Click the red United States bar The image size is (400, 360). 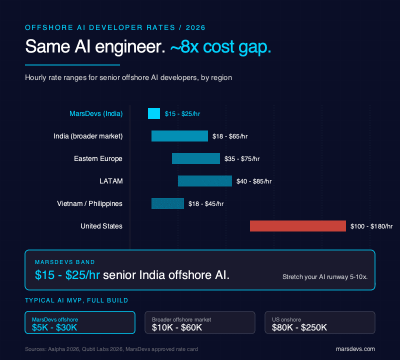point(298,226)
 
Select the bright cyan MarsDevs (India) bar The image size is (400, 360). point(154,113)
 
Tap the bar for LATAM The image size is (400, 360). point(205,181)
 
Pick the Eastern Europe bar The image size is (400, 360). point(196,158)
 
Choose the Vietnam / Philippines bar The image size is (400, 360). point(167,203)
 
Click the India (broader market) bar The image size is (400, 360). point(179,136)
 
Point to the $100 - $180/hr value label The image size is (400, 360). point(371,226)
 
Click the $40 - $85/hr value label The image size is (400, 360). point(254,181)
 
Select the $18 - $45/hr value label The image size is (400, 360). point(206,204)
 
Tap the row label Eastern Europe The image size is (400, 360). point(98,158)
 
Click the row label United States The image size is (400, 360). point(101,226)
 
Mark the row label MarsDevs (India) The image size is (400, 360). point(96,113)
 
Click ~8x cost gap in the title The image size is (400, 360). point(221,47)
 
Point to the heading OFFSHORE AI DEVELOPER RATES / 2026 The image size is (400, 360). point(115,27)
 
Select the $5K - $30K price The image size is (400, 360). point(54,327)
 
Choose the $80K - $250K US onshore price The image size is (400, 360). point(299,327)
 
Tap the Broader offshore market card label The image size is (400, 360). point(181,319)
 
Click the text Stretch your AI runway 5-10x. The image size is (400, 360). point(325,276)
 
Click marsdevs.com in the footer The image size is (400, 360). point(355,349)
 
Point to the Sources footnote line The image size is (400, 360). point(111,349)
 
